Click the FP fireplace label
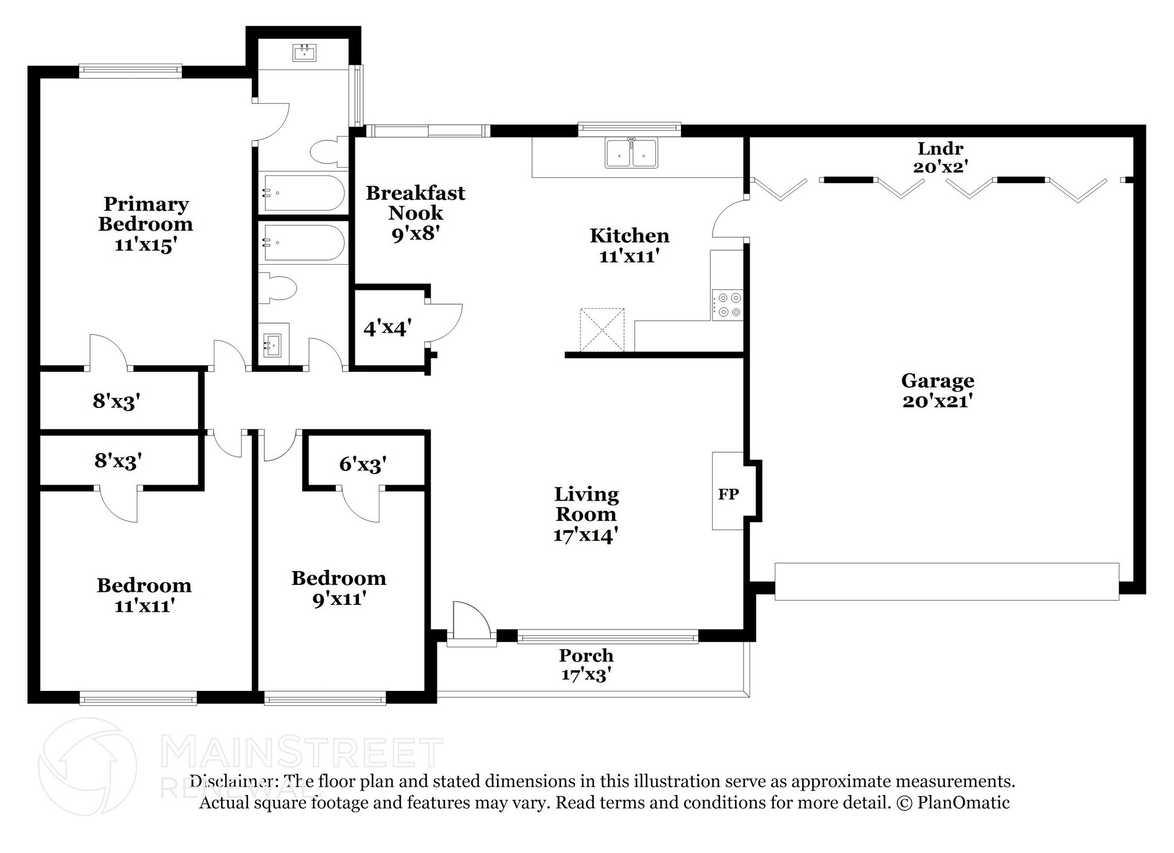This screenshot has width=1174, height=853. click(x=728, y=494)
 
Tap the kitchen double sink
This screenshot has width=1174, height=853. click(x=631, y=154)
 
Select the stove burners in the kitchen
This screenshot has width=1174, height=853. click(x=727, y=305)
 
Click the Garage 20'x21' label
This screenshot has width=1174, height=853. click(x=937, y=390)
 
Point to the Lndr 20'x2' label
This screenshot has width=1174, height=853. click(x=940, y=157)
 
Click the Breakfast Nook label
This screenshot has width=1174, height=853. click(x=415, y=213)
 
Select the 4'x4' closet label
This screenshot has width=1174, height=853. click(x=387, y=328)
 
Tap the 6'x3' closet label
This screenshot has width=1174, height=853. click(x=362, y=463)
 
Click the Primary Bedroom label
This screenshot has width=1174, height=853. click(x=145, y=223)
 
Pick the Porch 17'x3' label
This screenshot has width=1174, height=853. click(x=585, y=665)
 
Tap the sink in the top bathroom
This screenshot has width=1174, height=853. click(x=304, y=53)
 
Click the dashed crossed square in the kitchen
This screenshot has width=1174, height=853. click(x=602, y=329)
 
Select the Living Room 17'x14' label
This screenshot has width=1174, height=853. click(x=585, y=514)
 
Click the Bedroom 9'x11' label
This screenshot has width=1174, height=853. click(x=338, y=588)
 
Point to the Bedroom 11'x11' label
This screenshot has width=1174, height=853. click(x=144, y=595)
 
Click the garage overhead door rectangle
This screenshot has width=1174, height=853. click(x=946, y=581)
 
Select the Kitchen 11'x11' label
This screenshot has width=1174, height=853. click(x=629, y=245)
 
